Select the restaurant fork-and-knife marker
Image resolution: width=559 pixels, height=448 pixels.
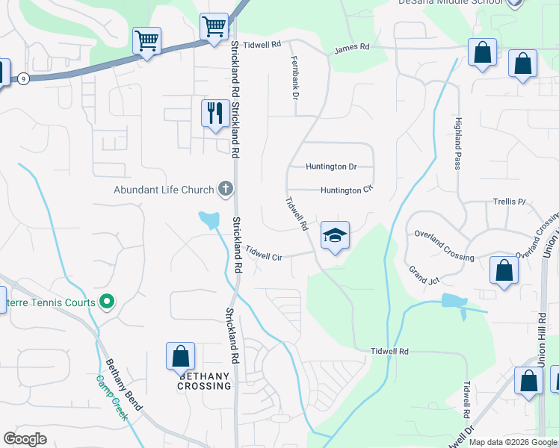[x=215, y=113]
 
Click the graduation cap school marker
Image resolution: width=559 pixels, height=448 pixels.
[x=336, y=236]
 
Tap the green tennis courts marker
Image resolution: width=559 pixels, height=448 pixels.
[x=107, y=302]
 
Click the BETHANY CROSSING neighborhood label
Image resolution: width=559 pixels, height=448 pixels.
[x=204, y=381]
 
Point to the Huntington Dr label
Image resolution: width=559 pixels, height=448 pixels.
[x=331, y=167]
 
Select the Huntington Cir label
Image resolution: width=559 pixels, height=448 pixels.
[x=346, y=190]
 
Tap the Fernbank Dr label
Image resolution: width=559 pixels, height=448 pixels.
[x=294, y=81]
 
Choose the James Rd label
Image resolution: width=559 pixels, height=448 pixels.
[x=352, y=47]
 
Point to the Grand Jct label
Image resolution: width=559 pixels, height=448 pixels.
[x=423, y=275]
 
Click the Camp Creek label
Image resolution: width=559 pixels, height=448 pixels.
[x=112, y=396]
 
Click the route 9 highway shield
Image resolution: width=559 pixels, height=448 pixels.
[x=24, y=78]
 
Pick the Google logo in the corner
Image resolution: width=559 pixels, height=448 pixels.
[x=25, y=438]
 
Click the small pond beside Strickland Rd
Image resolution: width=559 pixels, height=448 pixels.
[x=209, y=220]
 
